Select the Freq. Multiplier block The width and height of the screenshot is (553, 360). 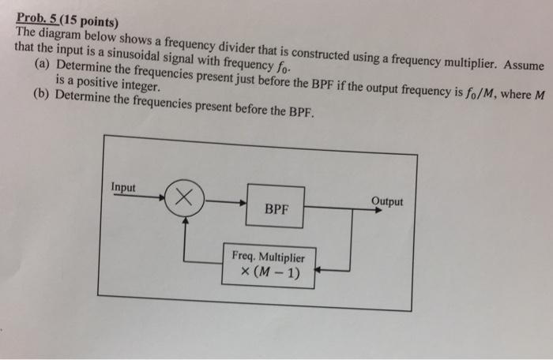[x=268, y=264]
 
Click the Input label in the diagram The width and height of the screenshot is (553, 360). [x=123, y=187]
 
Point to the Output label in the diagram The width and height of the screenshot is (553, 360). [x=386, y=201]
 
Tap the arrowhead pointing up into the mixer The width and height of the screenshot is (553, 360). [x=185, y=222]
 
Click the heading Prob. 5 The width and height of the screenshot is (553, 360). [x=38, y=12]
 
